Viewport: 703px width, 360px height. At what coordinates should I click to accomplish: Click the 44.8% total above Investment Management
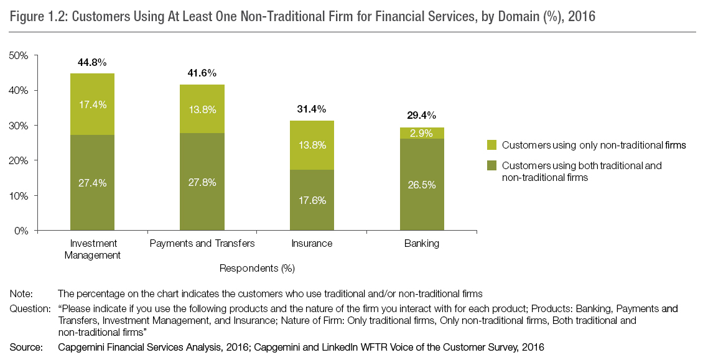click(x=92, y=62)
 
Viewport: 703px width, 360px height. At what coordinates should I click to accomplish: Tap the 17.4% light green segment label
click(x=92, y=104)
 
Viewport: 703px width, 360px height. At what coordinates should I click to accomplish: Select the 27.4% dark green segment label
click(x=92, y=183)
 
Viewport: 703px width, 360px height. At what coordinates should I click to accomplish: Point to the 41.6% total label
click(x=202, y=73)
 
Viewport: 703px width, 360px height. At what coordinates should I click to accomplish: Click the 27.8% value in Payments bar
click(x=202, y=183)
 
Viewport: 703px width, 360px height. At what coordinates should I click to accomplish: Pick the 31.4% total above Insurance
click(x=312, y=109)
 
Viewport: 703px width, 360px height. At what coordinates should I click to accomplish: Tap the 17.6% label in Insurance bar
click(x=312, y=200)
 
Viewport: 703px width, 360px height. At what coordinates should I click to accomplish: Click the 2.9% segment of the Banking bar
click(x=422, y=134)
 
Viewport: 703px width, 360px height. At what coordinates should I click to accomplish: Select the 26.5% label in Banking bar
click(x=422, y=185)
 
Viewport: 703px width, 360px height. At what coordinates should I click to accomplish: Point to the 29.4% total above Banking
click(x=422, y=115)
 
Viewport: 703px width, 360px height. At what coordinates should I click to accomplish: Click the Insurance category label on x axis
click(x=312, y=243)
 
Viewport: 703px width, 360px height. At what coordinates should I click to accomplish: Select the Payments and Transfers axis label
click(x=202, y=243)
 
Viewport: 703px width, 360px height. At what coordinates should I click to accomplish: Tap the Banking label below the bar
click(x=422, y=243)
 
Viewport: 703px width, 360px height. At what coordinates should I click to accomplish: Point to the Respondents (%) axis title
click(x=257, y=269)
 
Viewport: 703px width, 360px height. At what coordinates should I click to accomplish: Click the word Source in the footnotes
click(x=24, y=348)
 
